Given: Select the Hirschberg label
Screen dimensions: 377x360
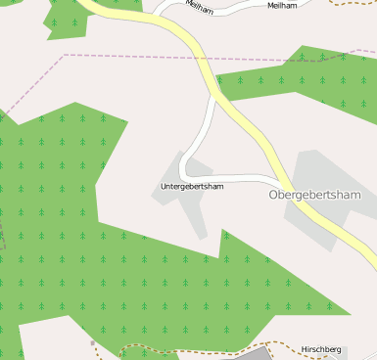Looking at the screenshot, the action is click(x=321, y=349).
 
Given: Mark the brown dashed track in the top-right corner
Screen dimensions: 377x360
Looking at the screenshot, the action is click(x=353, y=3).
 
